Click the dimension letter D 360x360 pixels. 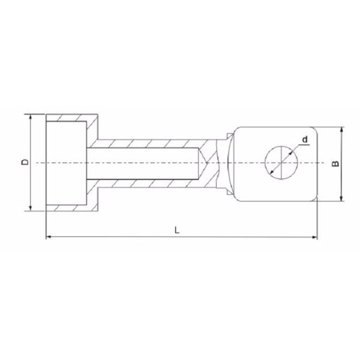[x=23, y=162]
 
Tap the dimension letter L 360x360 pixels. [x=176, y=230]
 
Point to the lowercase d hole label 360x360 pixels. [x=305, y=140]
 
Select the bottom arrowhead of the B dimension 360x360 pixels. [x=341, y=199]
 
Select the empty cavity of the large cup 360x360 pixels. [x=66, y=162]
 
